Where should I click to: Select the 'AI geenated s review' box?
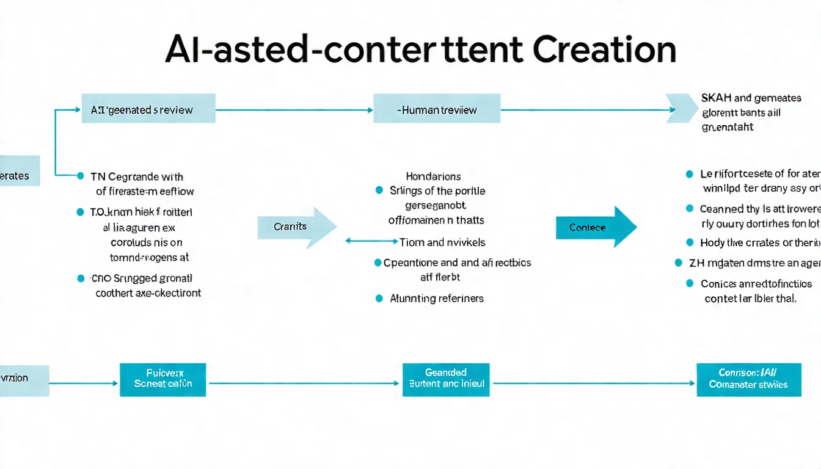point(148,110)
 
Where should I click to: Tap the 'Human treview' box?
point(436,110)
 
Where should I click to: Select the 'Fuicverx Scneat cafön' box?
point(162,379)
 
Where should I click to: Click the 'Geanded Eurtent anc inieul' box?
point(446,379)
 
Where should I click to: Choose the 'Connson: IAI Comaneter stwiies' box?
point(748,379)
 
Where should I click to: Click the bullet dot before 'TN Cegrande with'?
point(80,176)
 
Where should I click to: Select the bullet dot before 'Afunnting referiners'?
point(379,299)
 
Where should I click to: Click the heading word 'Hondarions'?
point(433,176)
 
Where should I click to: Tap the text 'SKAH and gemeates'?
point(751,98)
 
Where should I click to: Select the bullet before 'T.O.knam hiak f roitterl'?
point(80,212)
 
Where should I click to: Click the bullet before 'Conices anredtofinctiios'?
point(690,283)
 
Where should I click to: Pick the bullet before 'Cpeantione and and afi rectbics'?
point(378,263)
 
